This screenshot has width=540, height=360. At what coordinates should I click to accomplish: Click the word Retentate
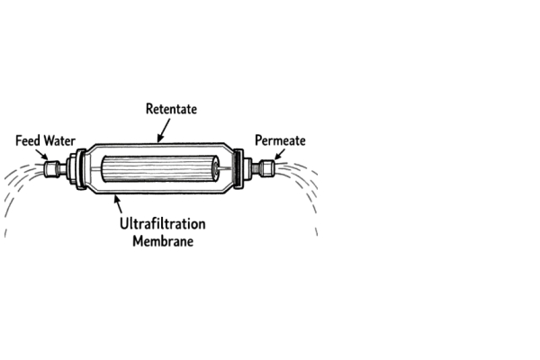[x=171, y=109]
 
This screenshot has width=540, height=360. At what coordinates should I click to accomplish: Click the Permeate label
[x=280, y=140]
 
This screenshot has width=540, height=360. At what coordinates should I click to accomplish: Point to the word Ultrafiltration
[x=163, y=222]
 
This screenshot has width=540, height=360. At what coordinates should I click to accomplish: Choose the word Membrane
[x=163, y=240]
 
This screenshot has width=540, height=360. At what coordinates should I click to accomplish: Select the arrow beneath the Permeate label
[x=278, y=156]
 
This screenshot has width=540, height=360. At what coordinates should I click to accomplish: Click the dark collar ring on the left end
[x=82, y=168]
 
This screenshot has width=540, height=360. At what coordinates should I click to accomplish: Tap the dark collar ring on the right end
[x=239, y=168]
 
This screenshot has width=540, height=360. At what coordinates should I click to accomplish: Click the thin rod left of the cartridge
[x=95, y=168]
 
